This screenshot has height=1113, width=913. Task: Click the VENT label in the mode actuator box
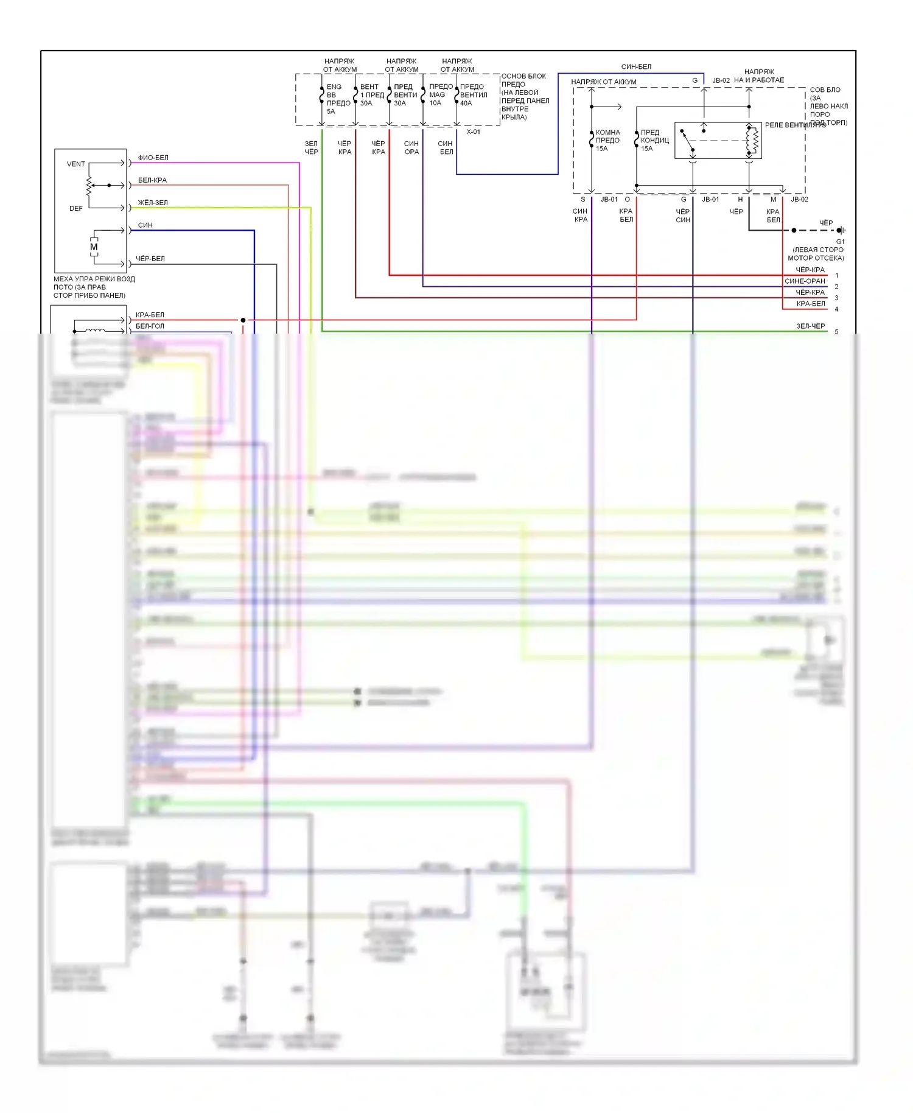(x=75, y=164)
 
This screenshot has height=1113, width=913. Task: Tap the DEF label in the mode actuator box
(x=75, y=208)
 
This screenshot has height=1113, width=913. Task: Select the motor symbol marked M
(x=94, y=247)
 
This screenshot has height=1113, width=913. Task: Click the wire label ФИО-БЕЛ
(x=153, y=158)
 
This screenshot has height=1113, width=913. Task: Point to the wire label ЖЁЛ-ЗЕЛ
(x=153, y=203)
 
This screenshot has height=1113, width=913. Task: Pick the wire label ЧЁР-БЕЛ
(x=150, y=259)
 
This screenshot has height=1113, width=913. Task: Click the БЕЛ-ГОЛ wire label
(x=150, y=326)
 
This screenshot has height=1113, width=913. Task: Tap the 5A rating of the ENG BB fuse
(x=331, y=111)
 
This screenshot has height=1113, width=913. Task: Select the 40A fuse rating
(x=466, y=104)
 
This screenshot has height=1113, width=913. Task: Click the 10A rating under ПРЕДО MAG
(x=435, y=103)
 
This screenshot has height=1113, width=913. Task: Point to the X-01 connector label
(x=473, y=132)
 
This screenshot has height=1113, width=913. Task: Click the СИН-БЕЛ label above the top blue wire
(x=636, y=67)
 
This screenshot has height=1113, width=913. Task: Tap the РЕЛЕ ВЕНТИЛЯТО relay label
(x=795, y=125)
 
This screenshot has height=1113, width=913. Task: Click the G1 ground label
(x=840, y=242)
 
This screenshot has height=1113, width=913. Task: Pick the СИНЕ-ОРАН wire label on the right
(x=805, y=281)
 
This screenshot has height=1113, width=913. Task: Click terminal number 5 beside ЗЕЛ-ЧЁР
(x=836, y=332)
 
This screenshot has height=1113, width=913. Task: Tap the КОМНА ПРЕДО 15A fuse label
(x=607, y=140)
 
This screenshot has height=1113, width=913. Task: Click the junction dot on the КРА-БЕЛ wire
(x=243, y=320)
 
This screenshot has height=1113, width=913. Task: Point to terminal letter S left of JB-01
(x=582, y=200)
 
